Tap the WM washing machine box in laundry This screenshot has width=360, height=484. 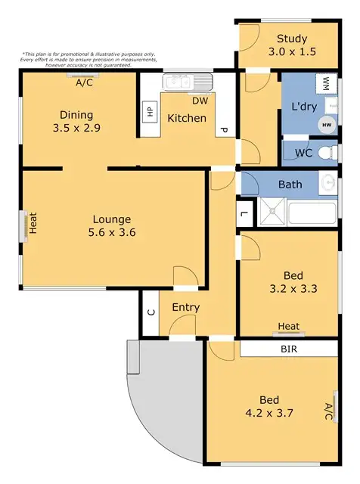click(x=326, y=82)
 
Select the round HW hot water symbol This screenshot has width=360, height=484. click(x=327, y=125)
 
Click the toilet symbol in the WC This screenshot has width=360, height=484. click(x=327, y=153)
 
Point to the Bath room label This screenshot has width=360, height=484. click(x=290, y=185)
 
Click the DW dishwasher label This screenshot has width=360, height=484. click(x=200, y=101)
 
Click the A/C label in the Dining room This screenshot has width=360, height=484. click(x=84, y=83)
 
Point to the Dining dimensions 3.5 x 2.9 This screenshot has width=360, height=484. click(x=77, y=128)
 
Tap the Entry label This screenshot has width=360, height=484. click(x=185, y=307)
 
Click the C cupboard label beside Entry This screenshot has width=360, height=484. click(x=150, y=312)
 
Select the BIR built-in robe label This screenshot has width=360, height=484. click(x=288, y=349)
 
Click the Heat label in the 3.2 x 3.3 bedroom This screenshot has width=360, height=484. click(x=288, y=327)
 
